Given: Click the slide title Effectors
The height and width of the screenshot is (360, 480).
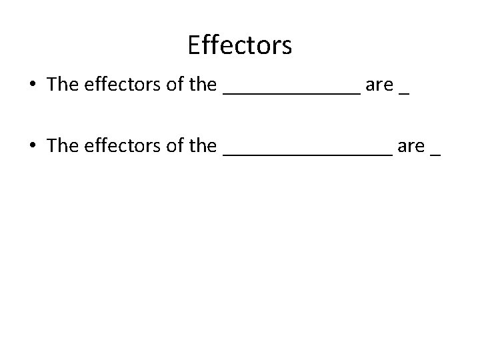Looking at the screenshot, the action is pos(239,45).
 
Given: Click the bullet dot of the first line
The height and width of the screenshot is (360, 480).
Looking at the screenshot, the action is pos(31,86).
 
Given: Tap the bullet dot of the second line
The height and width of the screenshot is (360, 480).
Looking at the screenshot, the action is pos(31,146).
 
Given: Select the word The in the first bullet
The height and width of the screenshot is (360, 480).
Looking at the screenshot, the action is pos(63,85).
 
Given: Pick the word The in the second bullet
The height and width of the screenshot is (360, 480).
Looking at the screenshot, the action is pos(63,145).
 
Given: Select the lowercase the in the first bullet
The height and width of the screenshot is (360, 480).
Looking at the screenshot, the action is pos(203,85).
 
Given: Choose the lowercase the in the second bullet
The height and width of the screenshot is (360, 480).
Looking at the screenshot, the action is pos(203,145).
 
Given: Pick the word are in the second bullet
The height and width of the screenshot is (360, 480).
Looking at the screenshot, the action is pos(411,147).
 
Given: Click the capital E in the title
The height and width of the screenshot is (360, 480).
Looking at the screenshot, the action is pos(195,45).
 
